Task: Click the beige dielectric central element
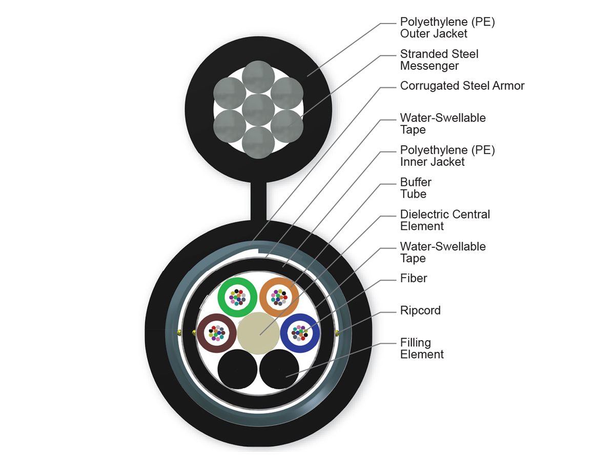click(258, 334)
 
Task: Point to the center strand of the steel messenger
click(258, 110)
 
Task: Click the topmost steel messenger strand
click(258, 77)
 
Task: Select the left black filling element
click(237, 369)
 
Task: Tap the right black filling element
click(279, 369)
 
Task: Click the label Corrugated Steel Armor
click(462, 86)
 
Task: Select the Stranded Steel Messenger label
click(439, 59)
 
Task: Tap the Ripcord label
click(420, 310)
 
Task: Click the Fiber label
click(414, 278)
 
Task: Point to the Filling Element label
click(422, 348)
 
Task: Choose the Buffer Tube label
click(415, 187)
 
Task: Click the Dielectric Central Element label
click(445, 220)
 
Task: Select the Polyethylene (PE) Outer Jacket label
click(447, 28)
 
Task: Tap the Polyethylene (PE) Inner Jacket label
click(447, 156)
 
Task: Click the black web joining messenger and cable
click(258, 200)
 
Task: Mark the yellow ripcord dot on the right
click(336, 334)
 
